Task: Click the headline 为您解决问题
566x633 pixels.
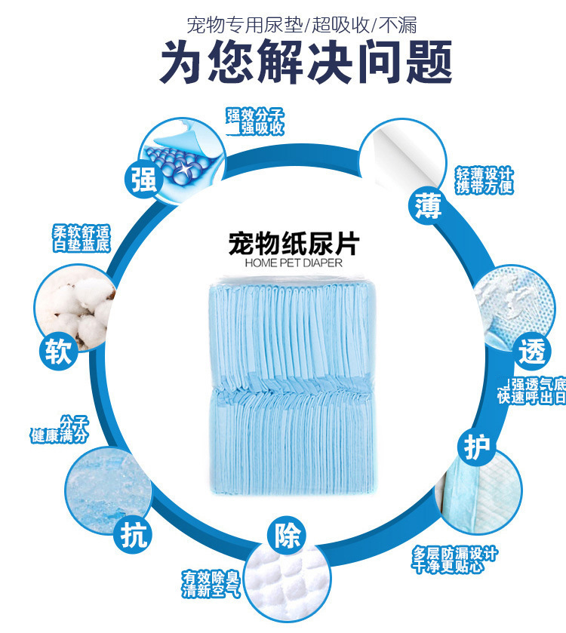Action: coord(305,62)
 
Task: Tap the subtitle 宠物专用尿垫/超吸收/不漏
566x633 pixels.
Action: coord(302,24)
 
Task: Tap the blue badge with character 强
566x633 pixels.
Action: coord(143,180)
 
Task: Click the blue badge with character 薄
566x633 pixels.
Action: coord(428,205)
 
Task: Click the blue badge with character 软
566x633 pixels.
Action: coord(58,352)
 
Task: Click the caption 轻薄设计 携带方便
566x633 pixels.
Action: coord(484,180)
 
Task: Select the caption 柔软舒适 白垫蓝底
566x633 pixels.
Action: coord(81,238)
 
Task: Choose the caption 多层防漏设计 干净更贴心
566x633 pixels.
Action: coord(454,560)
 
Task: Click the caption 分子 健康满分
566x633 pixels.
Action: coord(60,429)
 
